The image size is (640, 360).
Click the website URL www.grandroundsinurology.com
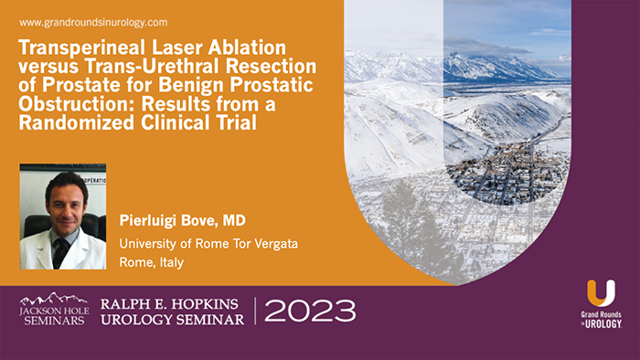click(93, 22)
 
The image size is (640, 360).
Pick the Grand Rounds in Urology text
click(601, 321)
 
